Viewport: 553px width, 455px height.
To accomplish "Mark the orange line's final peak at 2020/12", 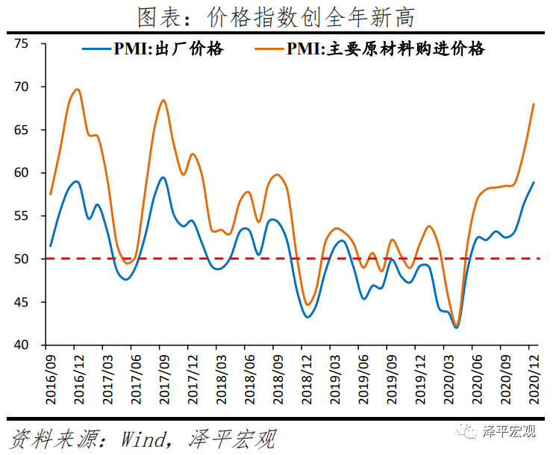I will (534, 104).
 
